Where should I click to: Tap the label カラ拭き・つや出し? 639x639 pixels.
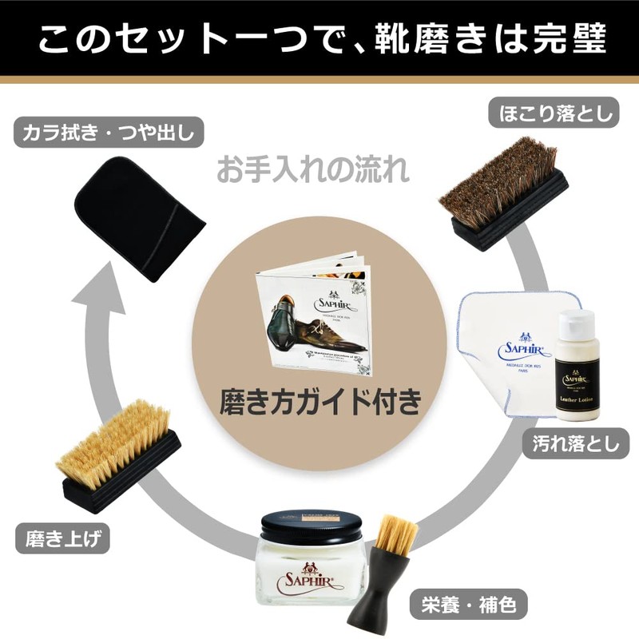[105, 131]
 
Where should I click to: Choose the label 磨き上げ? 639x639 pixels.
[61, 538]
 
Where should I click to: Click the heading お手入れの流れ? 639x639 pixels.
[313, 170]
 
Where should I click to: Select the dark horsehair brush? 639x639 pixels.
[504, 196]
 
